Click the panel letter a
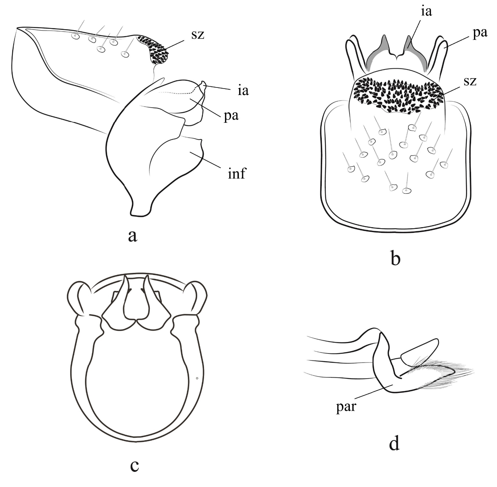(x=132, y=236)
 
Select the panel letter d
(x=394, y=444)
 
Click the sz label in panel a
(x=198, y=35)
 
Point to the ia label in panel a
(x=243, y=90)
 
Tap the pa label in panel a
(x=231, y=116)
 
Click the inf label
(x=237, y=173)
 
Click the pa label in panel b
(x=480, y=33)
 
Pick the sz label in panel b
(x=470, y=81)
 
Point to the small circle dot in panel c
(x=197, y=378)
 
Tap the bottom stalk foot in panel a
(x=140, y=209)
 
